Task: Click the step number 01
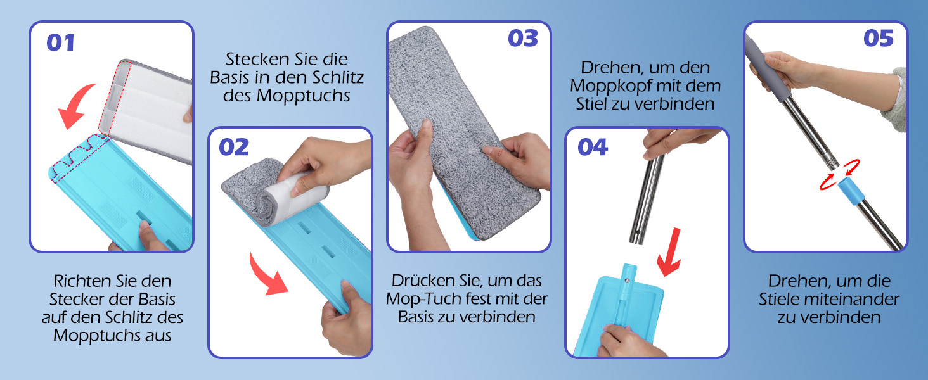pyautogui.click(x=60, y=42)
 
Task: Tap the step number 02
pyautogui.click(x=234, y=147)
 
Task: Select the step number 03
pyautogui.click(x=523, y=39)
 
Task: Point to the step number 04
pyautogui.click(x=593, y=147)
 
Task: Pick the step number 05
pyautogui.click(x=879, y=39)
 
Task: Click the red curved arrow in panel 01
pyautogui.click(x=75, y=103)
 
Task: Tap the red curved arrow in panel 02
pyautogui.click(x=265, y=277)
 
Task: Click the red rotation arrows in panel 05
pyautogui.click(x=839, y=175)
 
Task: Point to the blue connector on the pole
pyautogui.click(x=851, y=192)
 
